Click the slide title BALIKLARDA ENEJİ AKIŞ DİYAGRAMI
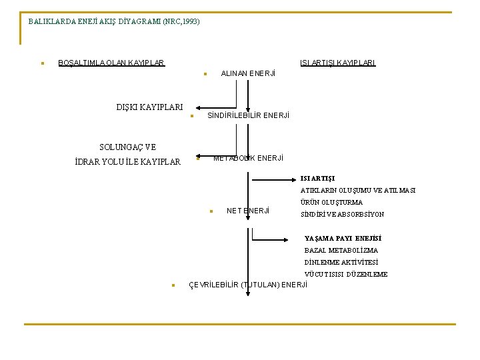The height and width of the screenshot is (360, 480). click(x=114, y=21)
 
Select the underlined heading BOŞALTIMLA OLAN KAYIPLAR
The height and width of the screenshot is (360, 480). click(x=111, y=63)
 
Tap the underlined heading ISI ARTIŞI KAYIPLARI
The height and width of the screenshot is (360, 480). click(x=338, y=63)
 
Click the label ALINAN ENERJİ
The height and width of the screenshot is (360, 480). click(x=248, y=73)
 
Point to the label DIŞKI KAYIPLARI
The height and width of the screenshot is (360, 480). click(x=149, y=107)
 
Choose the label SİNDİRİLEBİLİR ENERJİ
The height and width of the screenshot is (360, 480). click(x=249, y=116)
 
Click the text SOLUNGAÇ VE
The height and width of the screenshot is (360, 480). click(x=127, y=147)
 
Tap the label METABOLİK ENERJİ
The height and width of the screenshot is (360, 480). click(x=248, y=158)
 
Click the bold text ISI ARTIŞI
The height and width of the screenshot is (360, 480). click(x=317, y=179)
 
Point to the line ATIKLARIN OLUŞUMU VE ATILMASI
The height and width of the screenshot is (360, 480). click(x=357, y=191)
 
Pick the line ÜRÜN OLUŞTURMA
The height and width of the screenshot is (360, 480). click(x=331, y=203)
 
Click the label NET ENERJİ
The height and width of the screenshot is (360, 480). click(x=248, y=211)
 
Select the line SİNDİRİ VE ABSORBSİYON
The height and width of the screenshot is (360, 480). click(x=342, y=215)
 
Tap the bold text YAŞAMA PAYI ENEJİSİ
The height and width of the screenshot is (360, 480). click(x=343, y=239)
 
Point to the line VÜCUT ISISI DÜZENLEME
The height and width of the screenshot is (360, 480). click(x=346, y=275)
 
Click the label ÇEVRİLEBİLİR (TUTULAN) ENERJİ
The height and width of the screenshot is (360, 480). click(x=249, y=285)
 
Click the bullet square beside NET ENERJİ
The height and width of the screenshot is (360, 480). click(x=210, y=212)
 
